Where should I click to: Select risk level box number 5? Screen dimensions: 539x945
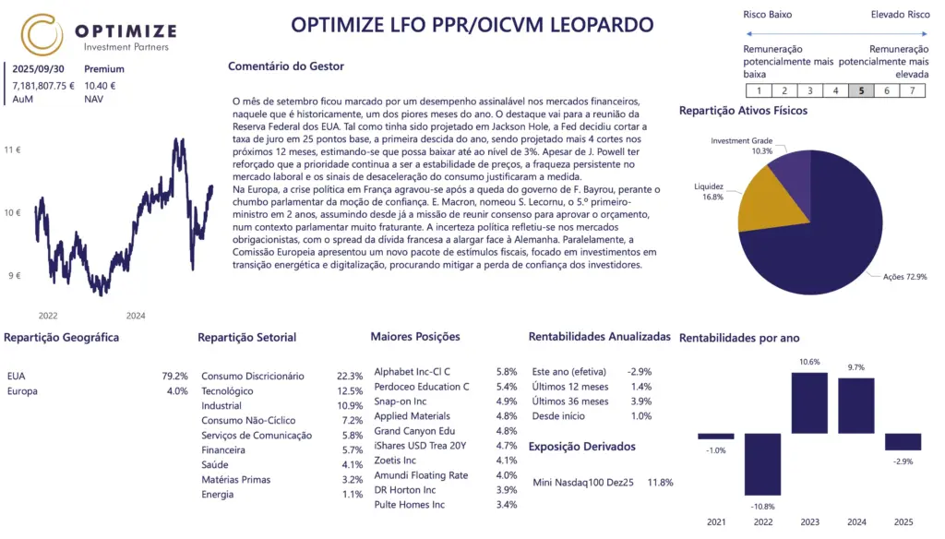click(x=861, y=90)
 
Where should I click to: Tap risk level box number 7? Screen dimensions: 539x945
click(x=912, y=90)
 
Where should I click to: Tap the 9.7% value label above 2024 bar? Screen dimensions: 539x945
click(x=856, y=367)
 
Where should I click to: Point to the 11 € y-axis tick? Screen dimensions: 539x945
click(x=12, y=149)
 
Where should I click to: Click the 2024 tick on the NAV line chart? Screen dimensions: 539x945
click(x=136, y=316)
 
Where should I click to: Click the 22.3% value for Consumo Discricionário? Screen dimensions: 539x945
click(x=350, y=377)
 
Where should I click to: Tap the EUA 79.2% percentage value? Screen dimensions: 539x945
click(x=174, y=377)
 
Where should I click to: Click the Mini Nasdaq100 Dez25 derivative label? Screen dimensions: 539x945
click(x=583, y=482)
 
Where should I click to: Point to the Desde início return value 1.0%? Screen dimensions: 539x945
click(x=640, y=416)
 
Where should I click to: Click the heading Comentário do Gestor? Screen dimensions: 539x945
click(x=285, y=66)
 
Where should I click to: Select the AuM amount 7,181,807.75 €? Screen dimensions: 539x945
click(x=43, y=85)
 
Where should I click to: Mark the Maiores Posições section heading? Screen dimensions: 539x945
click(x=414, y=337)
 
